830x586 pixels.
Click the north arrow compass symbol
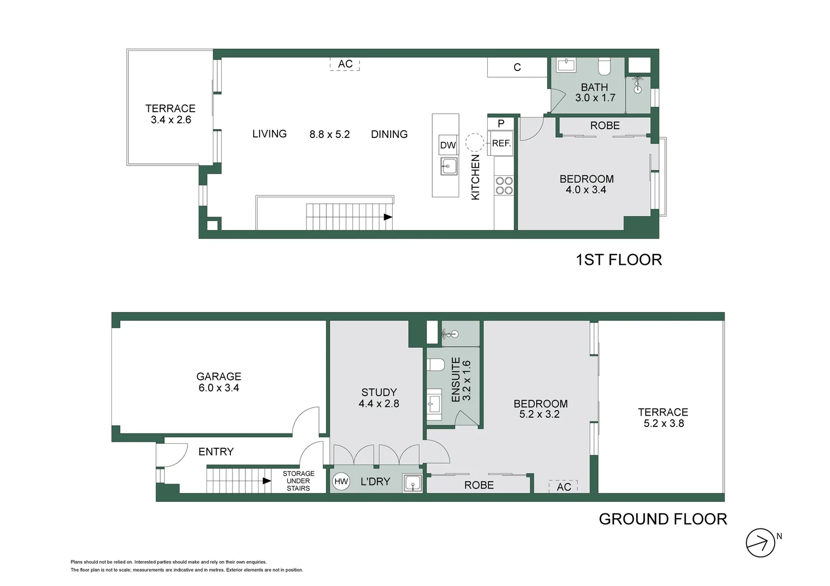point(760,543)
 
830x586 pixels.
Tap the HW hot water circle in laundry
point(341,481)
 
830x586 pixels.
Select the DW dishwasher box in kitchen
point(448,145)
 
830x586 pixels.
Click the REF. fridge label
point(501,143)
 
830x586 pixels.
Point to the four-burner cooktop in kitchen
point(504,186)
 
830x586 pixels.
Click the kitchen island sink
point(449,166)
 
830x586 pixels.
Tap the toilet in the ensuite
point(436,364)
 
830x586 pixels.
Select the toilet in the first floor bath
point(605,67)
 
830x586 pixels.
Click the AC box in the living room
point(345,64)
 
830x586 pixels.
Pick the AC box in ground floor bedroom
point(563,487)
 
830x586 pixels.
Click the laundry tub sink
point(413,483)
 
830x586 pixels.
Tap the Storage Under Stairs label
point(298,481)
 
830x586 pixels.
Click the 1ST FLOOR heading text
point(619,259)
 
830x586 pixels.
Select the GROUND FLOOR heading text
point(663,519)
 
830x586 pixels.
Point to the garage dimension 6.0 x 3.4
point(218,388)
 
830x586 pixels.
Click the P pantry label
point(501,124)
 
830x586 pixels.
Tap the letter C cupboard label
point(517,67)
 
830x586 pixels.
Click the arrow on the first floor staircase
point(388,217)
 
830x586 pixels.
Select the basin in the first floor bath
point(565,66)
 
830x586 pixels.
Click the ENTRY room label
point(216,451)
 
